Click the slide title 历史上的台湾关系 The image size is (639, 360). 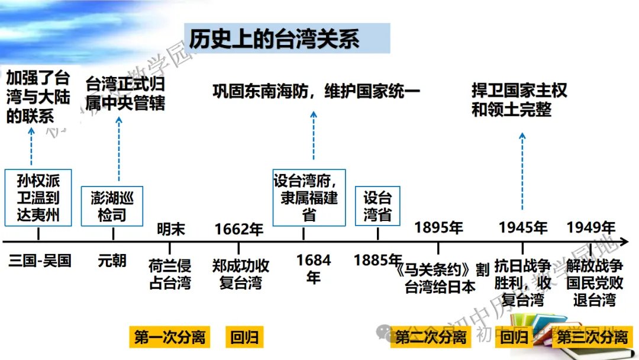274,38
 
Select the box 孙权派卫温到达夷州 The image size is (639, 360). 38,198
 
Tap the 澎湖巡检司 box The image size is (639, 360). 112,206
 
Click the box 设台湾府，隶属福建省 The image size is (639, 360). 309,198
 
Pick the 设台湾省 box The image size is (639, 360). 377,206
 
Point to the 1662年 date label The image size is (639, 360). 239,229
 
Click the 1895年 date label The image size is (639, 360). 438,227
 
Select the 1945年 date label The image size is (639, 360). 523,227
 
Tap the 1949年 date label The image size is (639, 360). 591,227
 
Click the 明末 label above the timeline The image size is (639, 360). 171,229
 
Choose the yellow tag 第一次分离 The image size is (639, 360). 170,337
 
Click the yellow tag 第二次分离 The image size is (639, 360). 431,337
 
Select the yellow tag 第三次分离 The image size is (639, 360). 592,337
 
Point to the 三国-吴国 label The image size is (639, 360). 40,261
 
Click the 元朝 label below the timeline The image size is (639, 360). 112,261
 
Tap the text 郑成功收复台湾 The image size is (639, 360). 240,274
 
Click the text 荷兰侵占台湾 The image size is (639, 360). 170,274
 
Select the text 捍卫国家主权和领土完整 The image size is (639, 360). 519,100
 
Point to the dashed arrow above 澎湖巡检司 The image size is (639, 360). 119,149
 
